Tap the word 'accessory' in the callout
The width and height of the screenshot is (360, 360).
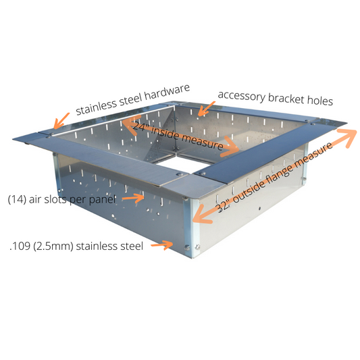[242, 96]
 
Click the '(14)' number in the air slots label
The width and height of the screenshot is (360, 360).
[17, 199]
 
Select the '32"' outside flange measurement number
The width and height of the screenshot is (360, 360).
[223, 207]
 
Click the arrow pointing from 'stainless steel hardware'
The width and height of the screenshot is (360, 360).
[61, 121]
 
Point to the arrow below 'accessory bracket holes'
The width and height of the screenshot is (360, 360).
[207, 108]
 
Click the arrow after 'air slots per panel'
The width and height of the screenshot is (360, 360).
[133, 198]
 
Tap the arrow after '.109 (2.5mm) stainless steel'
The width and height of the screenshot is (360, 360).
[162, 245]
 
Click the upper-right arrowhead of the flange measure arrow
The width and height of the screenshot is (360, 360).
[348, 138]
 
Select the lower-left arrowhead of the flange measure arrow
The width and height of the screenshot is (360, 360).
[202, 215]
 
